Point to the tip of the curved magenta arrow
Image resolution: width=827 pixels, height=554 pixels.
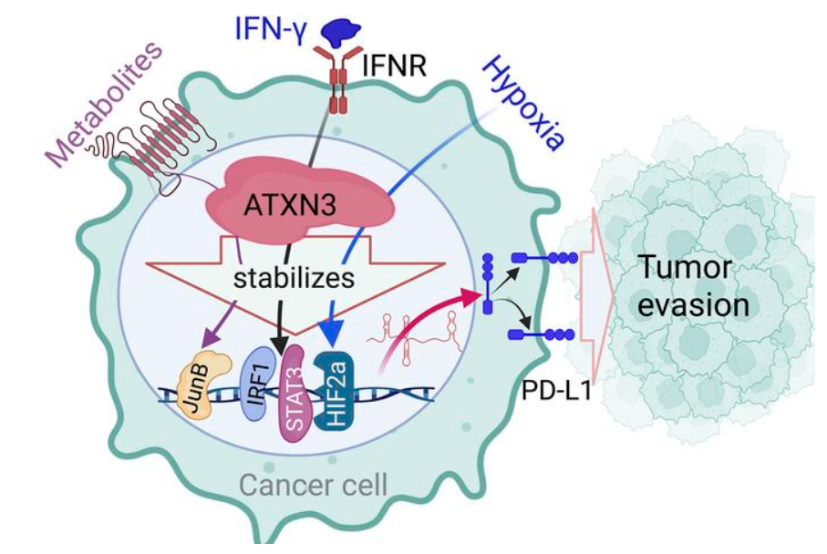click(x=480, y=295)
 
